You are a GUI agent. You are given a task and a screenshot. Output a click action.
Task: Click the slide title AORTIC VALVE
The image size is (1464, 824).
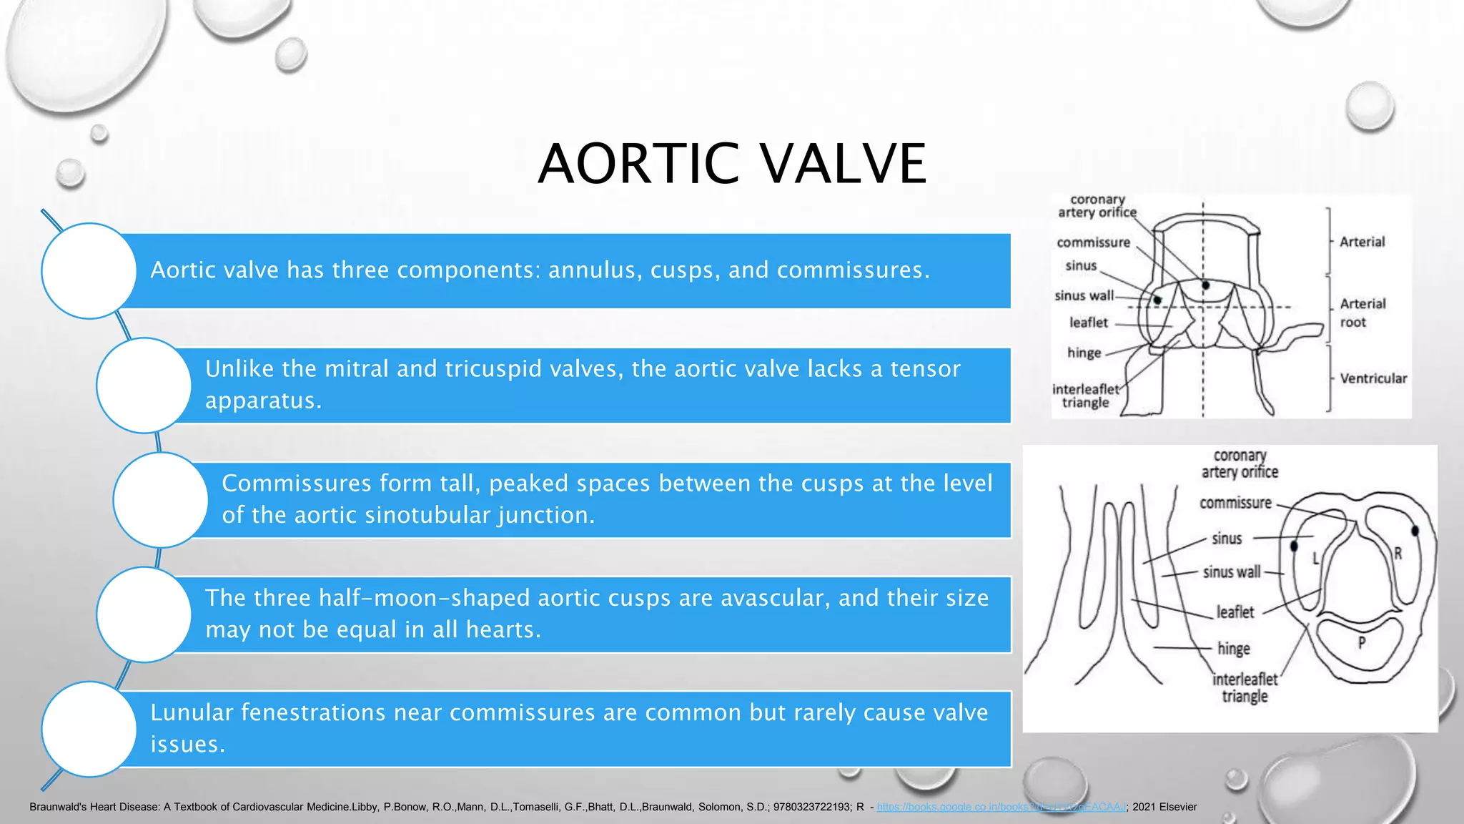[x=732, y=164]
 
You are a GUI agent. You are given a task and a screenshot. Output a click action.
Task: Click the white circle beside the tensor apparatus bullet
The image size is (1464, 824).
[x=144, y=386]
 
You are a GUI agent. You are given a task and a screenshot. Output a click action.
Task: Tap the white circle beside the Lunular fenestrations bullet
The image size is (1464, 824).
[x=89, y=729]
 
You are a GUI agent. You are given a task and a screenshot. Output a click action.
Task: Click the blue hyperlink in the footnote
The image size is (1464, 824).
[x=1001, y=807]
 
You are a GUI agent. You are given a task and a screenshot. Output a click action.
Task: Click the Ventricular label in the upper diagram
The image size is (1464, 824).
[x=1373, y=378]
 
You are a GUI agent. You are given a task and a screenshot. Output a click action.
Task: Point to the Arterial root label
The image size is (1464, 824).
[x=1362, y=313]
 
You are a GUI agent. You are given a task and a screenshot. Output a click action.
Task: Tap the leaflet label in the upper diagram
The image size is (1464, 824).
[x=1088, y=323]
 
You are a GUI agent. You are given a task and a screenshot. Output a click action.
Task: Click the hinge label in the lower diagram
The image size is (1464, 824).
[x=1234, y=649]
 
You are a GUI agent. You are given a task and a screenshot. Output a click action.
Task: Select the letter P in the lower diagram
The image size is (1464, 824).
[x=1362, y=642]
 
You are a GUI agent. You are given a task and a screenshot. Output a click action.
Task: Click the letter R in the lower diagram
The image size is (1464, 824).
[x=1398, y=553]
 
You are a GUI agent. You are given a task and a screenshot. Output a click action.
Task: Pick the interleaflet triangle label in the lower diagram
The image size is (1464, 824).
[x=1245, y=687]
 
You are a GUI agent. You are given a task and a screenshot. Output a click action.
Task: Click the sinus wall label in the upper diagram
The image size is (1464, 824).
[x=1084, y=295]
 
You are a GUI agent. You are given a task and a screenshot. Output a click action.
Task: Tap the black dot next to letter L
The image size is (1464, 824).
[x=1294, y=546]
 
